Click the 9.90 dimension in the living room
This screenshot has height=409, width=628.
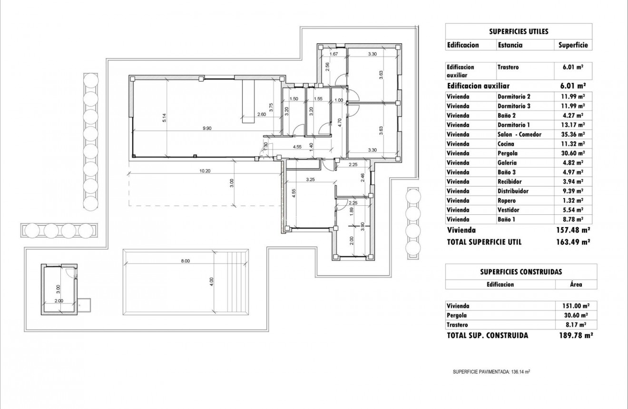pyautogui.click(x=206, y=128)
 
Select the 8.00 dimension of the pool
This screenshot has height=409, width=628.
pyautogui.click(x=185, y=261)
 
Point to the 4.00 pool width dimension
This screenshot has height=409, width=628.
pyautogui.click(x=211, y=281)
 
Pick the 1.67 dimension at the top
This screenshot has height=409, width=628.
pyautogui.click(x=334, y=54)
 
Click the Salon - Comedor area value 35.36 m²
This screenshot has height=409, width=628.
pyautogui.click(x=573, y=134)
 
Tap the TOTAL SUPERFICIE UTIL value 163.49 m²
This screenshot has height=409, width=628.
pyautogui.click(x=573, y=242)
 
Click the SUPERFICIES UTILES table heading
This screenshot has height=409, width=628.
pyautogui.click(x=519, y=31)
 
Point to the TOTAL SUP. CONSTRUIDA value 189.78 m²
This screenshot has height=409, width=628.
pyautogui.click(x=575, y=335)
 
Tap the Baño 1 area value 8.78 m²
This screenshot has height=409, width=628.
pyautogui.click(x=573, y=219)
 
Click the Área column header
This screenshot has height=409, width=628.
pyautogui.click(x=576, y=284)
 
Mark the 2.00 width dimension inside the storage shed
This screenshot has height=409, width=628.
pyautogui.click(x=59, y=301)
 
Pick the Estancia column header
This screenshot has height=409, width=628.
pyautogui.click(x=510, y=45)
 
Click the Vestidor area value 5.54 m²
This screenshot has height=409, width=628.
pyautogui.click(x=573, y=210)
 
